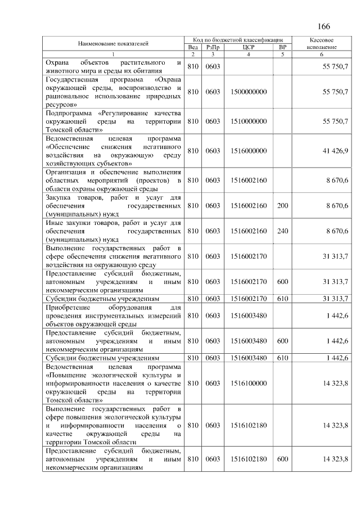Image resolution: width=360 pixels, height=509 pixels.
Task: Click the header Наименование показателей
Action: pyautogui.click(x=113, y=43)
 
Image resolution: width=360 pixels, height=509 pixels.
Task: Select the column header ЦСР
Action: pyautogui.click(x=248, y=47)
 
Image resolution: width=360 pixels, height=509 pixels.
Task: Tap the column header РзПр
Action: pyautogui.click(x=213, y=47)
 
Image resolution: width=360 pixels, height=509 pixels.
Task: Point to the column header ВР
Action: pyautogui.click(x=282, y=47)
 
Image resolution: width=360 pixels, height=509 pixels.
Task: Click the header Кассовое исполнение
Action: pyautogui.click(x=322, y=44)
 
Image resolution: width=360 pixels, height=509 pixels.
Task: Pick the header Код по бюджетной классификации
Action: pyautogui.click(x=237, y=40)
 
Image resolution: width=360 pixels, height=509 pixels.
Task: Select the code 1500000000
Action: pyautogui.click(x=249, y=92)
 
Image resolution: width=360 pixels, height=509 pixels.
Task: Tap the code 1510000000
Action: pyautogui.click(x=249, y=121)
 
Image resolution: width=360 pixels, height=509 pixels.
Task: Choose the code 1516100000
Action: pyautogui.click(x=249, y=382)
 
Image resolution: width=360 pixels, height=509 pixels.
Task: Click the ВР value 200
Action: pyautogui.click(x=282, y=206)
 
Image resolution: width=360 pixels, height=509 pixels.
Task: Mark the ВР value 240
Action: pyautogui.click(x=282, y=231)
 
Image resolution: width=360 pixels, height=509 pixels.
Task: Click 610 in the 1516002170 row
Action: pyautogui.click(x=282, y=298)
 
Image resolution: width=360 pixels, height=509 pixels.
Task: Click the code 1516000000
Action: pyautogui.click(x=249, y=151)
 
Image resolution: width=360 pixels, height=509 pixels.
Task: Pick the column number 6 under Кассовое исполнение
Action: pyautogui.click(x=322, y=55)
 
